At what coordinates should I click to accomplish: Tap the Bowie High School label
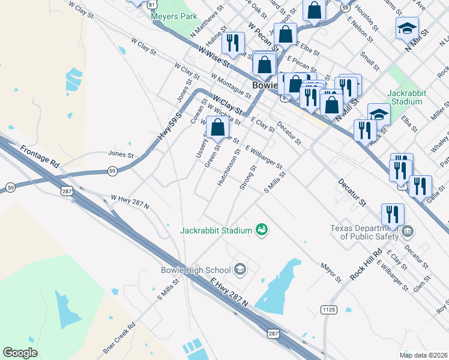pos(196,270)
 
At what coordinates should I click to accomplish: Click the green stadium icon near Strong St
pos(261,229)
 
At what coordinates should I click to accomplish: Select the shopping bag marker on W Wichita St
pos(218,127)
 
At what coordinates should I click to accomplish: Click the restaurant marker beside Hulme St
pos(231,43)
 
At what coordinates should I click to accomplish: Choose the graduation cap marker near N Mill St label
pos(407,28)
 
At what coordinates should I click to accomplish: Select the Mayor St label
pos(331,271)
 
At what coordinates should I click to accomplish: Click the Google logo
pos(20,353)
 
